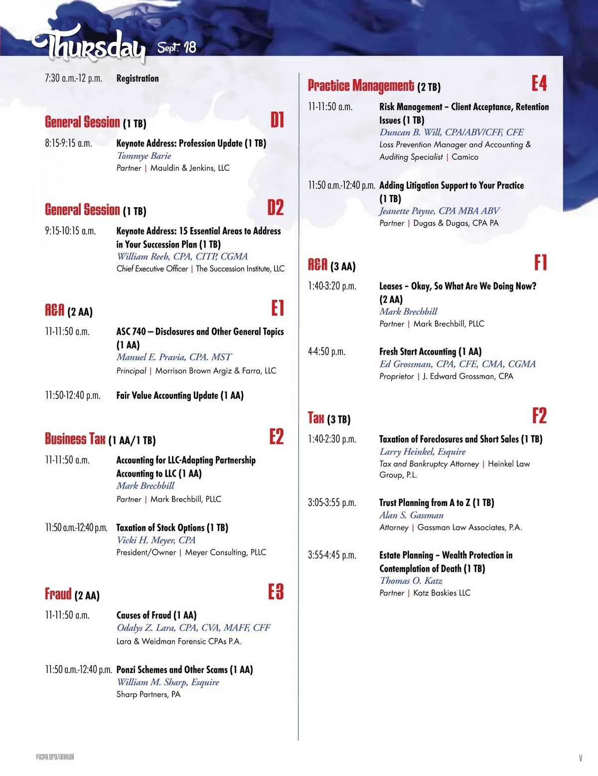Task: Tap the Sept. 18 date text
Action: [177, 47]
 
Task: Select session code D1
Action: [277, 120]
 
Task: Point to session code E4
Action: [539, 84]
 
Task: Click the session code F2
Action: [539, 416]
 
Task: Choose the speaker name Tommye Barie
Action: [144, 156]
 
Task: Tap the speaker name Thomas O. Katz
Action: [411, 581]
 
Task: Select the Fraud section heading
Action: [58, 594]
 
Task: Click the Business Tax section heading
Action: [75, 439]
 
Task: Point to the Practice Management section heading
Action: [361, 86]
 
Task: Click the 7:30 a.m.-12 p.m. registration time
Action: [73, 78]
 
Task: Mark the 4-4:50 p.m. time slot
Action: [326, 352]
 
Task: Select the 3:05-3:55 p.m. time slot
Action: [332, 503]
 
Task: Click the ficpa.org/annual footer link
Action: [55, 757]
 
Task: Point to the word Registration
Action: [138, 78]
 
